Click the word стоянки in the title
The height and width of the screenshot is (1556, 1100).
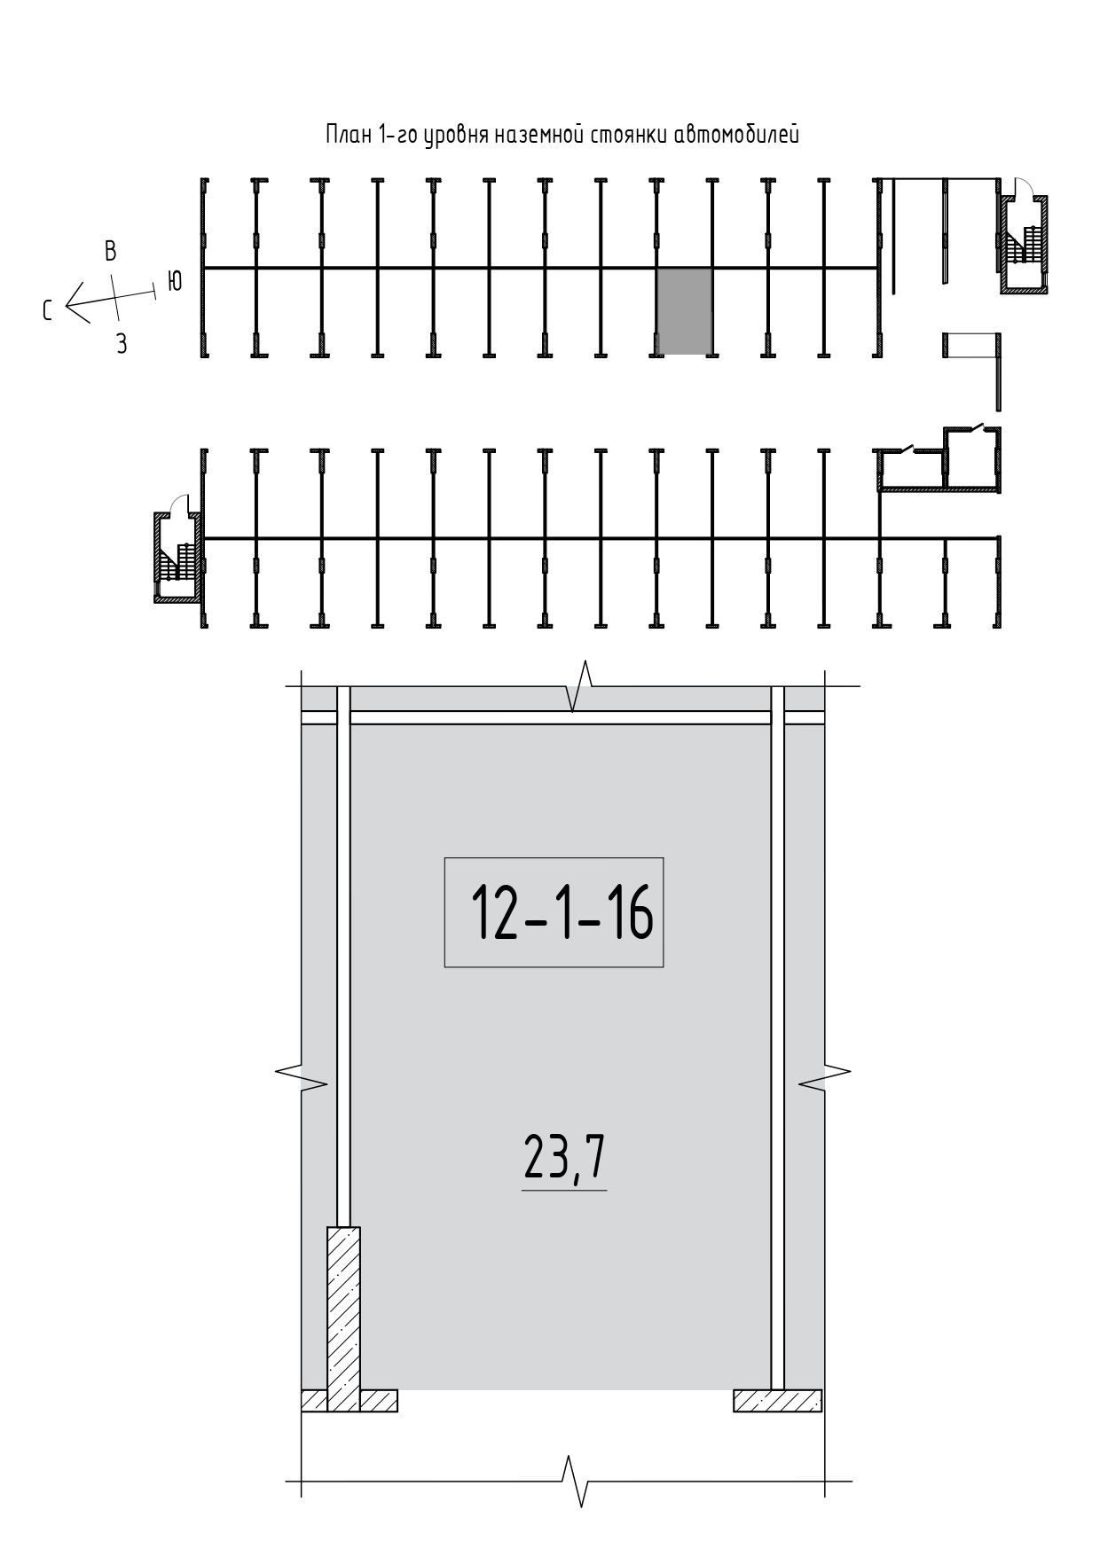626,136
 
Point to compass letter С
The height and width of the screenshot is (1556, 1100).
48,310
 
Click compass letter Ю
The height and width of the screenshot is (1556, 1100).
175,281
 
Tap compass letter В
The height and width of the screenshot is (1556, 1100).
110,251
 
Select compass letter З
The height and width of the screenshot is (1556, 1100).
122,344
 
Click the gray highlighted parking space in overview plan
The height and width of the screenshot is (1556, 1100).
684,310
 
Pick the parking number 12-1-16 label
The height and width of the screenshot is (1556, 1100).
554,911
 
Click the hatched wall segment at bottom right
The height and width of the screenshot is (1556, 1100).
778,1400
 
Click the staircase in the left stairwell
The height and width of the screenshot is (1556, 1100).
177,561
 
